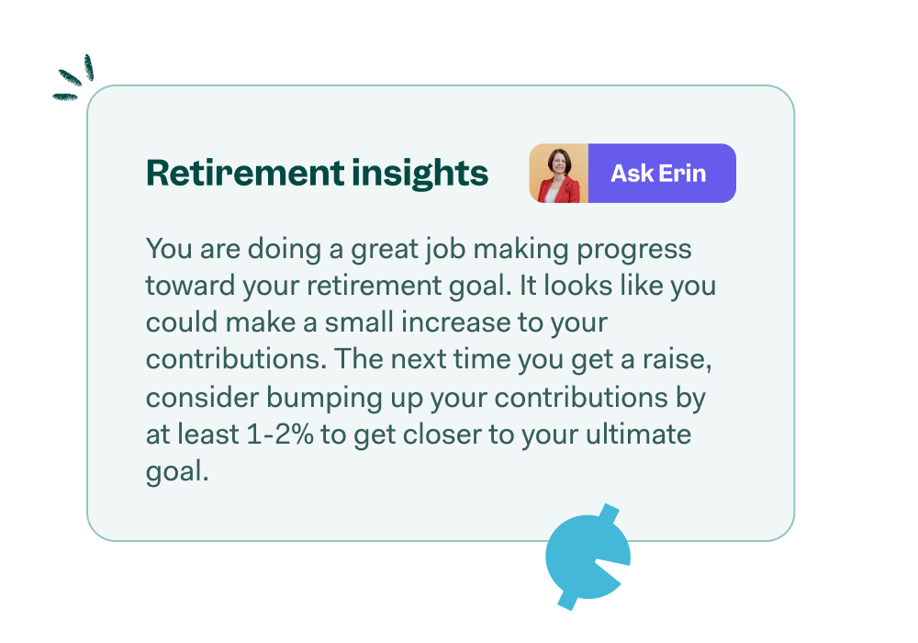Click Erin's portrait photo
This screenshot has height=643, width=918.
pyautogui.click(x=558, y=173)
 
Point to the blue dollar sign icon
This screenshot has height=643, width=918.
pyautogui.click(x=588, y=556)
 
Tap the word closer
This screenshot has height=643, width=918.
pyautogui.click(x=437, y=434)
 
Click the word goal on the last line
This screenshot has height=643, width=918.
pyautogui.click(x=173, y=472)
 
